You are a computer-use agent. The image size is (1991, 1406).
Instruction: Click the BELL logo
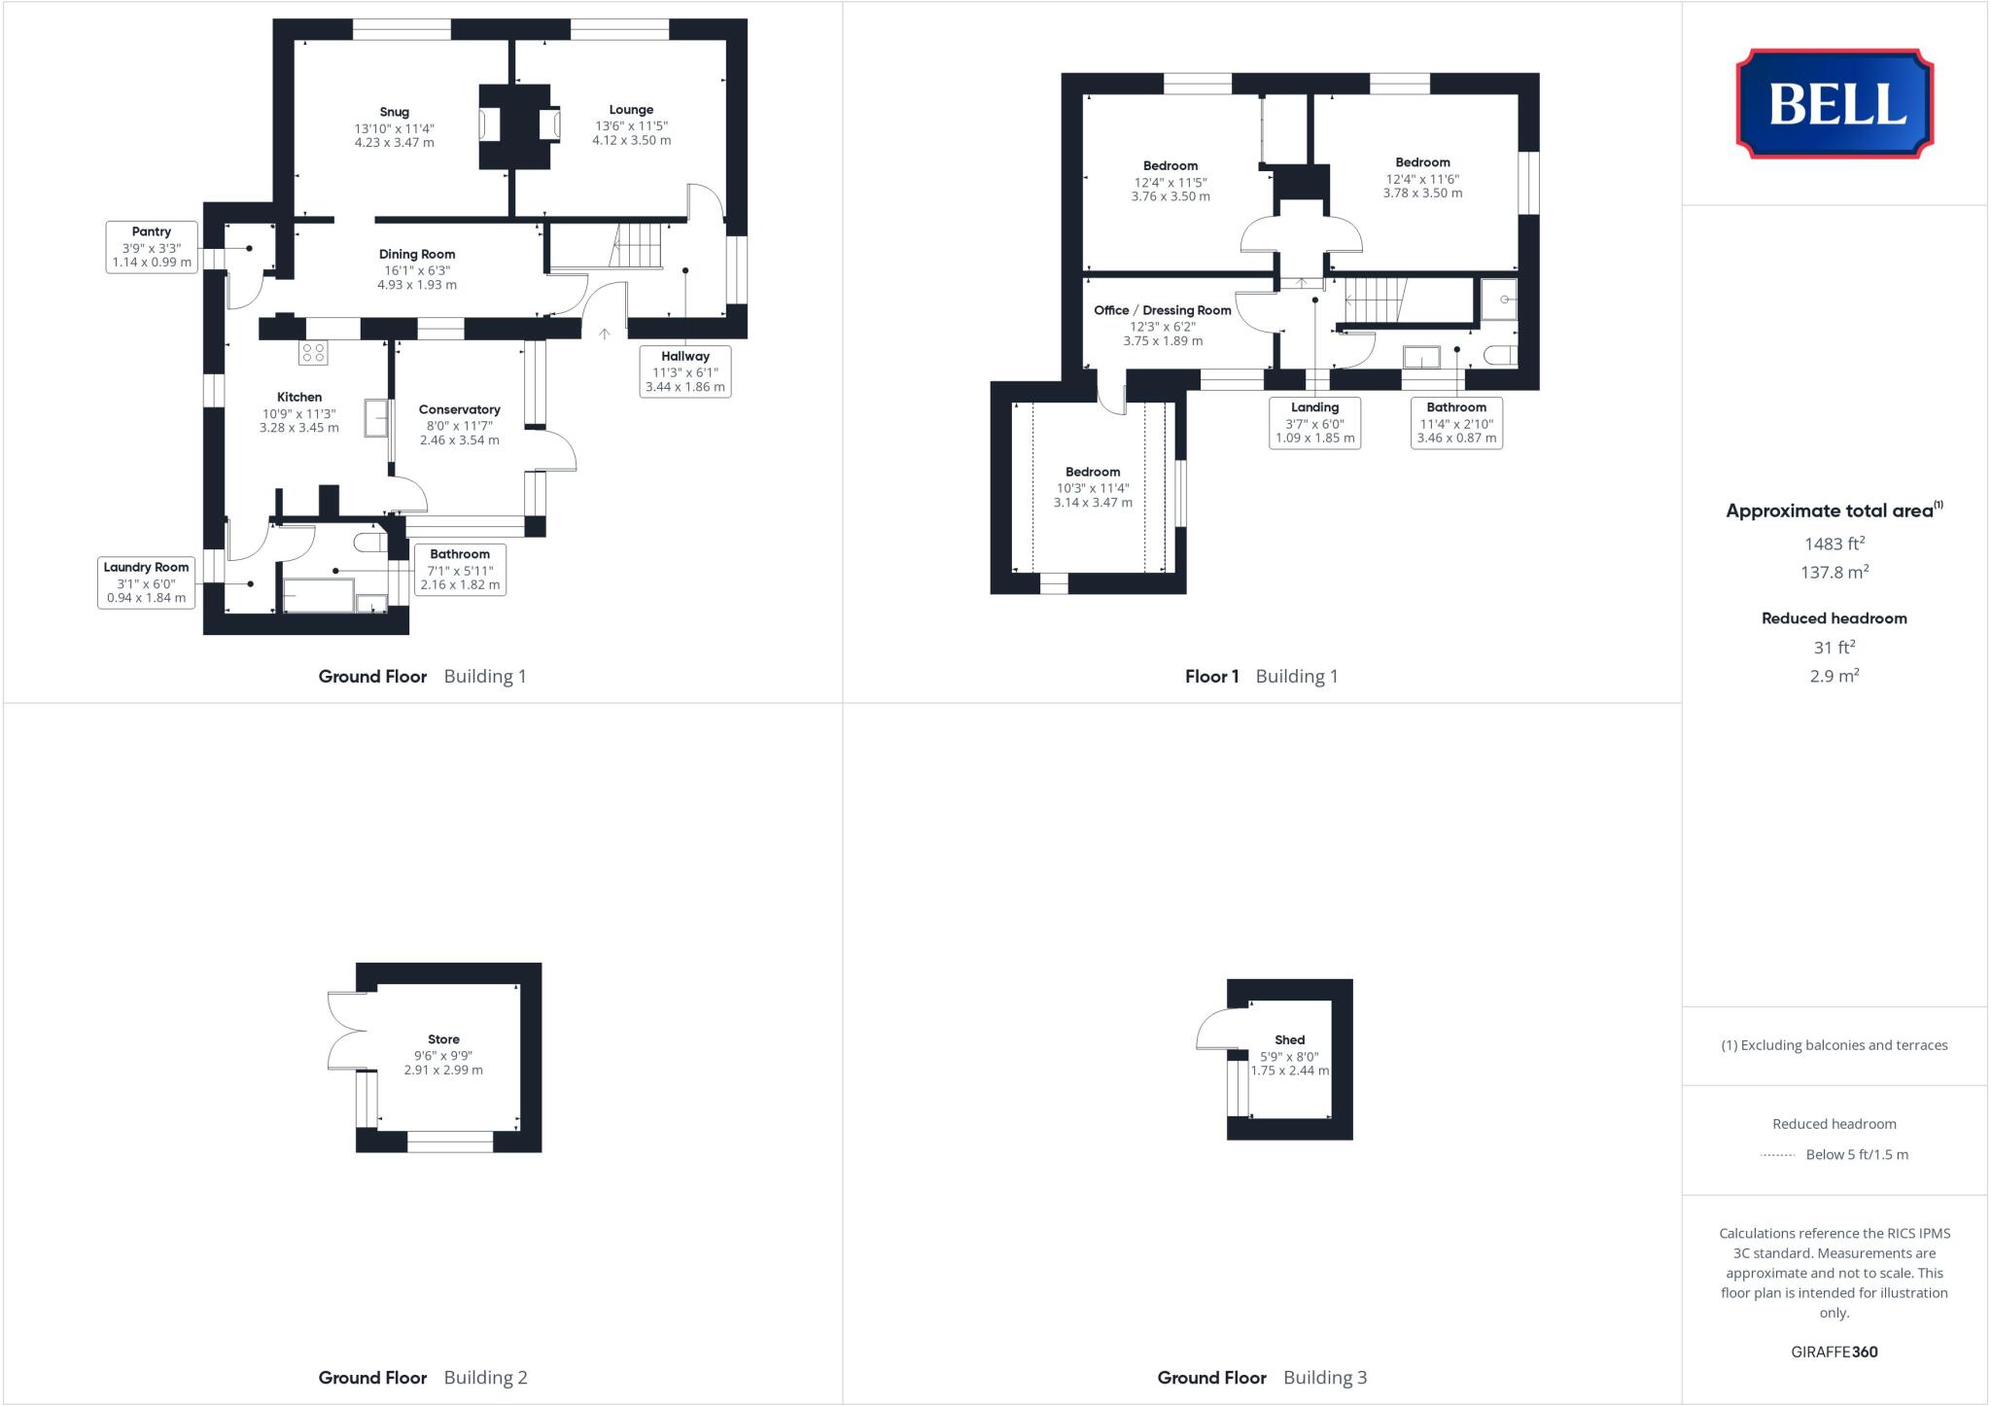click(x=1834, y=103)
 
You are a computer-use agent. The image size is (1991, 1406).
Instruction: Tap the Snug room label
click(x=394, y=112)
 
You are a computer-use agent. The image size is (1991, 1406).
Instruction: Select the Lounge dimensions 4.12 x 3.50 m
click(x=631, y=140)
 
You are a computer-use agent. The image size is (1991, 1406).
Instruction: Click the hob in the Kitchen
click(x=313, y=353)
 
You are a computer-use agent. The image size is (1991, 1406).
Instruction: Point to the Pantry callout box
click(x=152, y=247)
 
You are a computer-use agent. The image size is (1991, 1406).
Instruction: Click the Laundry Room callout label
click(x=146, y=567)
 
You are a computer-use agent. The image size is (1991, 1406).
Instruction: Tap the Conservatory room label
click(x=459, y=409)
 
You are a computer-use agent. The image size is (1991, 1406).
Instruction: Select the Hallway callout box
click(x=684, y=371)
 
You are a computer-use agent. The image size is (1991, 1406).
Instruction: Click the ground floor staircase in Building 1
click(x=636, y=245)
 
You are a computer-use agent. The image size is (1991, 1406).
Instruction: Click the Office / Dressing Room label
click(x=1162, y=310)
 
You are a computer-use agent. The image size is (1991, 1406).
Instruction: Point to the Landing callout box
click(x=1314, y=422)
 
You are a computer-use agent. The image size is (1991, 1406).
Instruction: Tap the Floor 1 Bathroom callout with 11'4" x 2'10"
click(x=1455, y=422)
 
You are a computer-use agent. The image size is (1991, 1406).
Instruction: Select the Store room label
click(x=443, y=1039)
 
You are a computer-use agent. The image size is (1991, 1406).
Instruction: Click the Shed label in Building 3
click(x=1289, y=1039)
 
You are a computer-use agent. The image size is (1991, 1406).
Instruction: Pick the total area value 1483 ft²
click(x=1834, y=545)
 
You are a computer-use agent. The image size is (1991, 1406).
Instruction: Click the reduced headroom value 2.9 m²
click(x=1834, y=676)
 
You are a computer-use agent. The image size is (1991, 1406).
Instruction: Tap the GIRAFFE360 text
click(x=1834, y=1352)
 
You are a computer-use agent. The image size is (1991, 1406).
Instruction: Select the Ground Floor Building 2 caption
click(x=422, y=1377)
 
